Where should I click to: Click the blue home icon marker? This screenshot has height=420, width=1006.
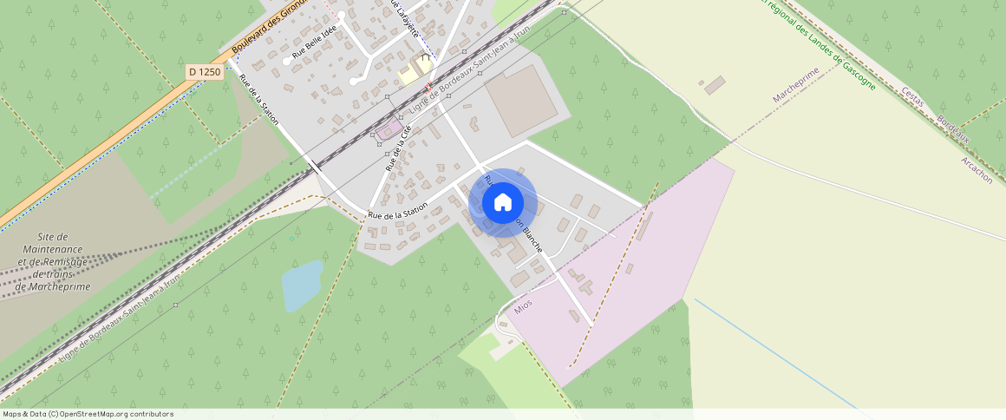(x=502, y=203)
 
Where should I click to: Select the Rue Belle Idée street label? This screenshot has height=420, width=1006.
(x=313, y=44)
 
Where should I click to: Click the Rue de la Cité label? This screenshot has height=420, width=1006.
(x=398, y=147)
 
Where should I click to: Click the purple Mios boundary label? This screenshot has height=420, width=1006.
(x=523, y=306)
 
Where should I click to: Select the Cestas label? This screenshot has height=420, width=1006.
(x=913, y=97)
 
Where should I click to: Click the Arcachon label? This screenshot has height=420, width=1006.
(x=977, y=170)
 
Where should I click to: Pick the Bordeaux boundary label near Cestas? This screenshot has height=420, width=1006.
(x=952, y=136)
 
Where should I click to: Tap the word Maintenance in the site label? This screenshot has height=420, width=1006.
(x=54, y=249)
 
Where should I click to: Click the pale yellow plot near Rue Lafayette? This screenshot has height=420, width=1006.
(x=411, y=73)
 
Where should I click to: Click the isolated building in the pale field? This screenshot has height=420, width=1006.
(x=715, y=85)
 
